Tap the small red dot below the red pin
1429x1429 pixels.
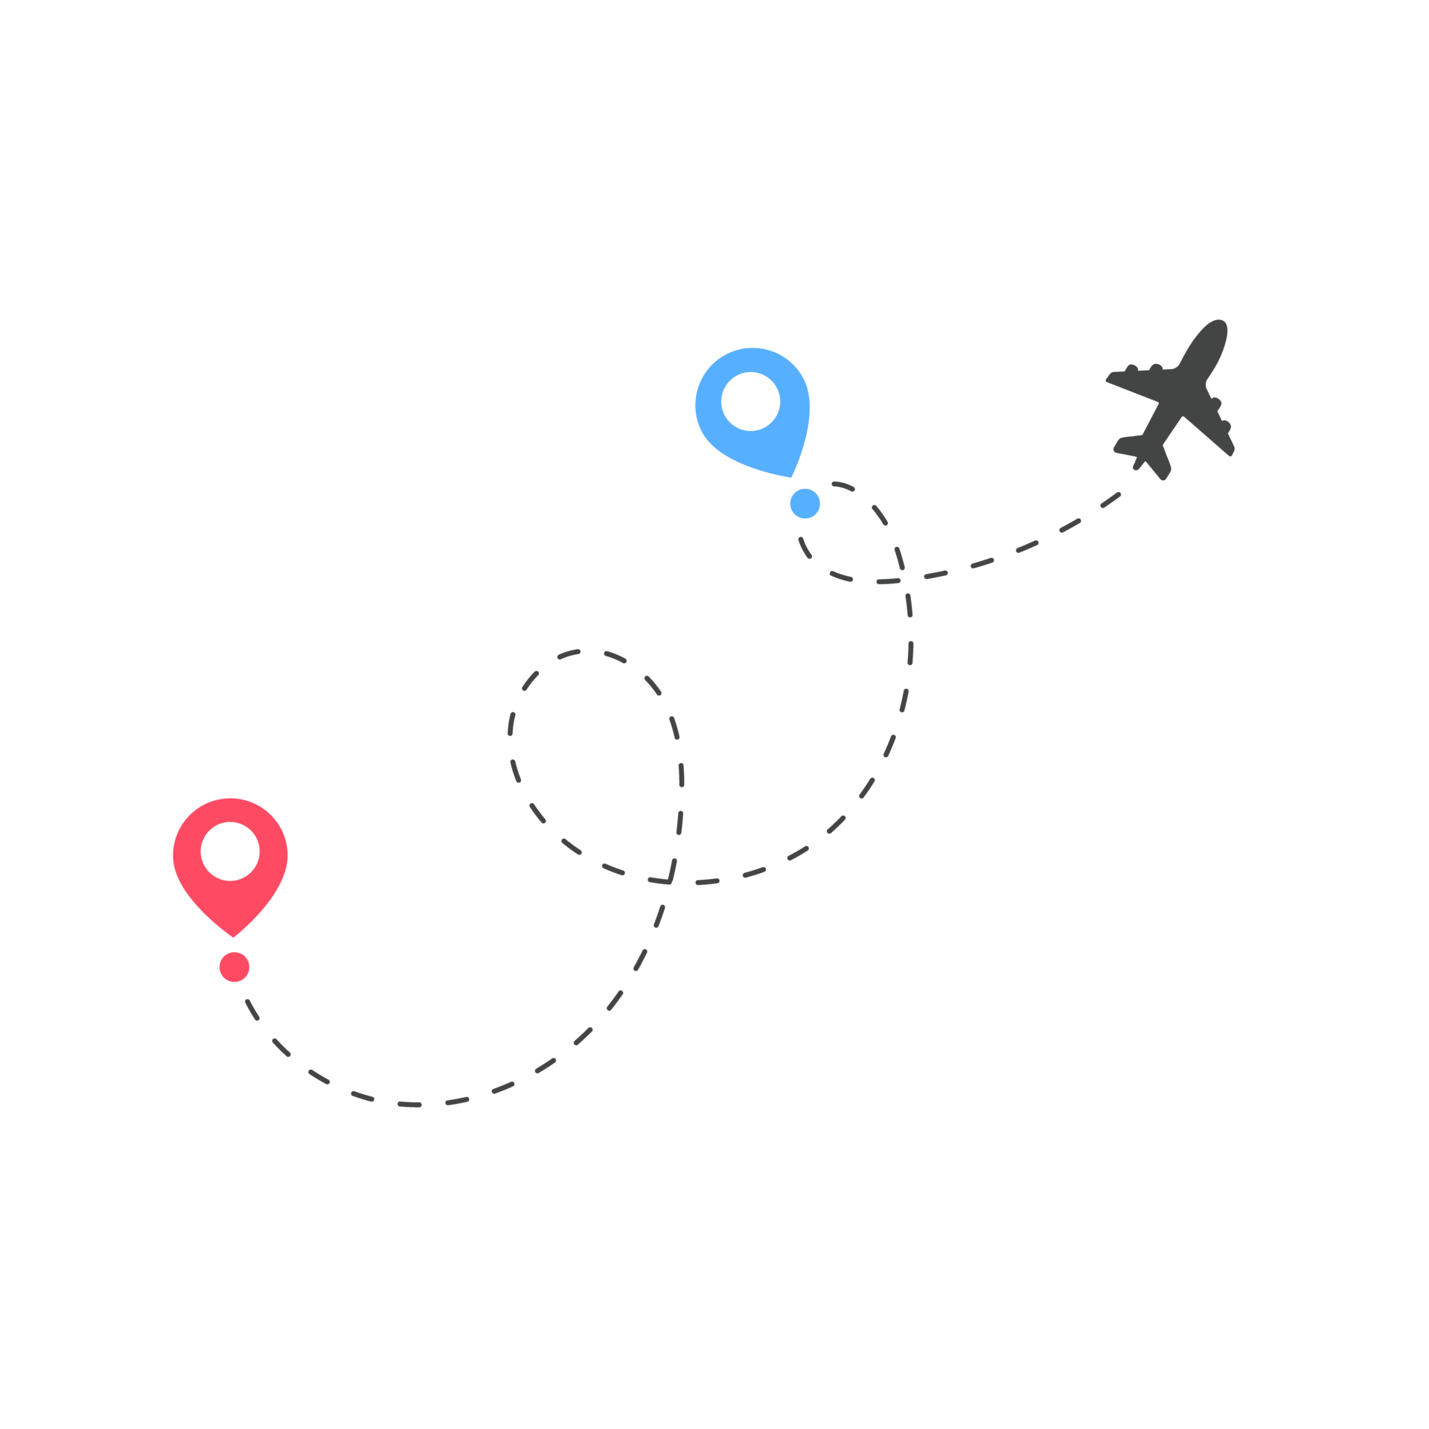point(234,967)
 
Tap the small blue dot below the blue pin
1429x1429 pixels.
point(805,504)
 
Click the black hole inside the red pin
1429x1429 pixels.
point(230,851)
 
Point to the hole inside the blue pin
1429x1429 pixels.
point(750,401)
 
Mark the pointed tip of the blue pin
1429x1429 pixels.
point(791,476)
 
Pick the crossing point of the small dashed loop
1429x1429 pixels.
point(903,578)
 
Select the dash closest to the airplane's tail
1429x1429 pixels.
point(1110,499)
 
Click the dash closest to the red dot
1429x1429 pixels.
point(252,1008)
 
